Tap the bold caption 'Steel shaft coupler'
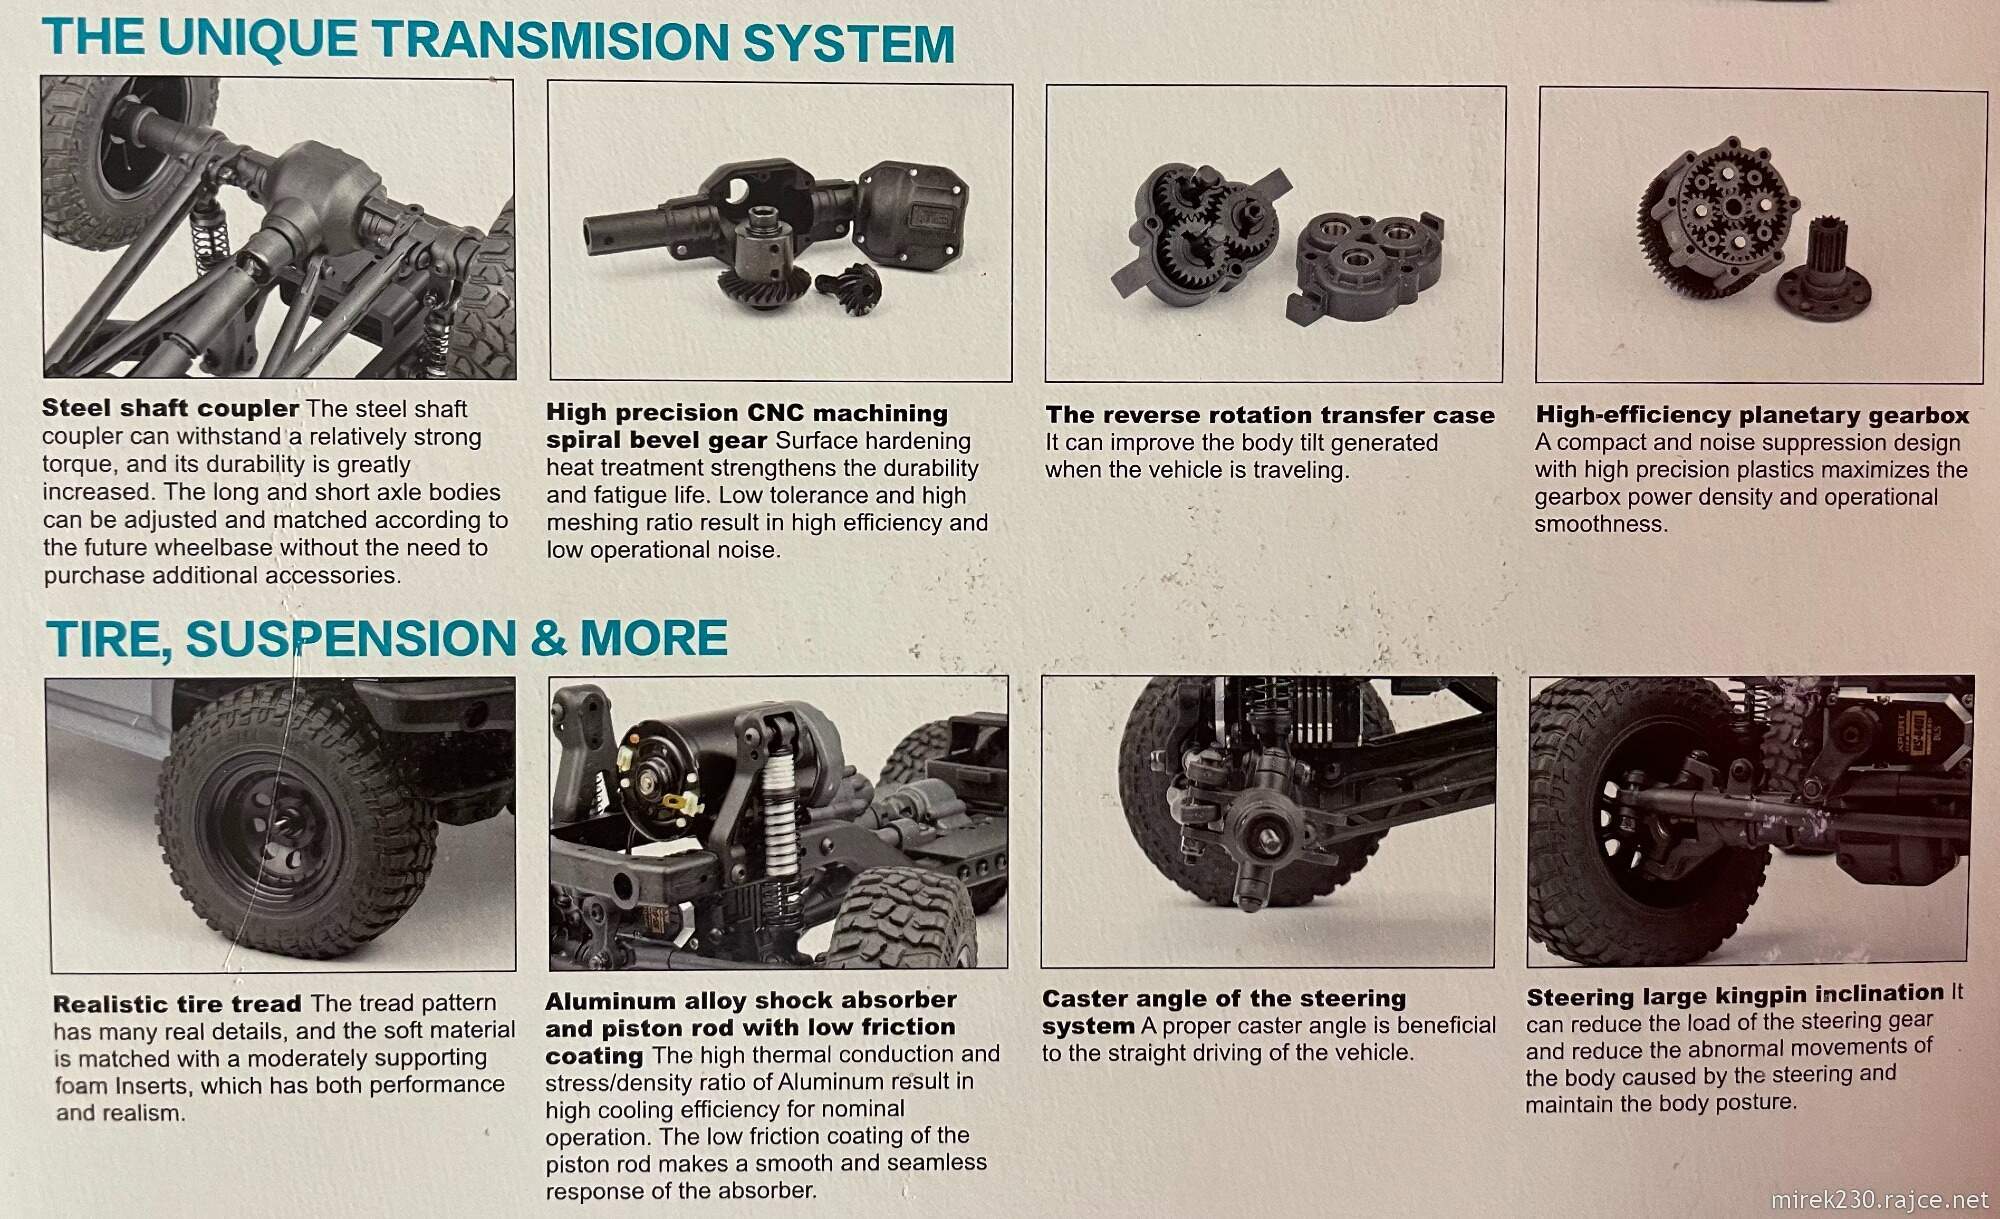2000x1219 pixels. click(171, 408)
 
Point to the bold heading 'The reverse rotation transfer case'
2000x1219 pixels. click(1270, 415)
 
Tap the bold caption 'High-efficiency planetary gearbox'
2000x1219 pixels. click(1752, 415)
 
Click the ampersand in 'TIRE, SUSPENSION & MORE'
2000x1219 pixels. click(548, 638)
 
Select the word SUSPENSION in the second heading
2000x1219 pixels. click(346, 639)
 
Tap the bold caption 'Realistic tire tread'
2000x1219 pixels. click(177, 1004)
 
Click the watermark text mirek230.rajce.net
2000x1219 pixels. click(1880, 1198)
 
